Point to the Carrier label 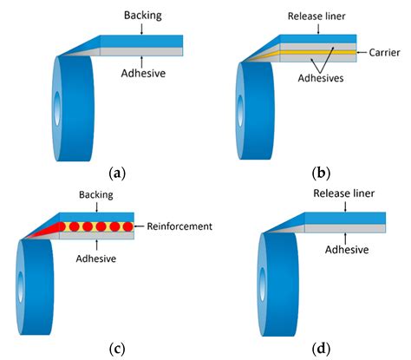[x=386, y=52]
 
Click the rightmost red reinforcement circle [x=127, y=227]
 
